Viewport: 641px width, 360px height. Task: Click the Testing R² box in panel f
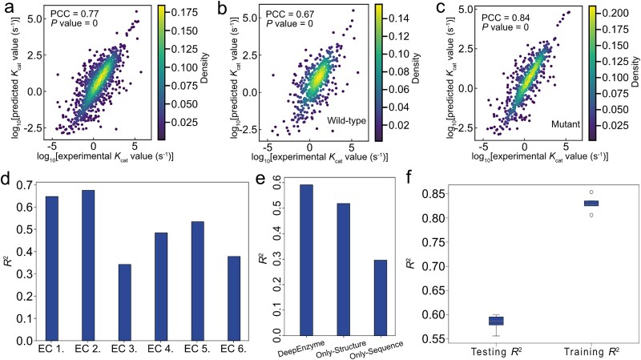coord(474,321)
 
